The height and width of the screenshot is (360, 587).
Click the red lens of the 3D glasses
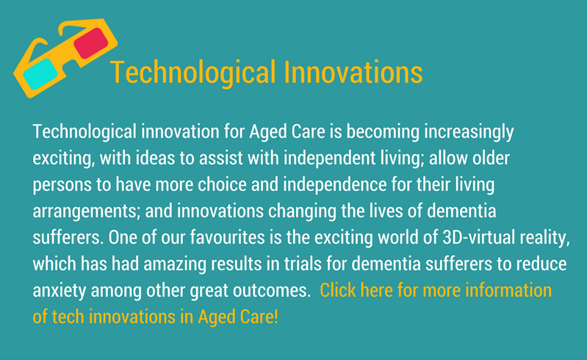(x=91, y=43)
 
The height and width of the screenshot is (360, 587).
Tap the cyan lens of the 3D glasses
(x=40, y=74)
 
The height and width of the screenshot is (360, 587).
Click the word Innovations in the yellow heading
(x=353, y=72)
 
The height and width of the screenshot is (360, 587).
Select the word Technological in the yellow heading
(x=193, y=73)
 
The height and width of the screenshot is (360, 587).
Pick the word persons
(x=62, y=186)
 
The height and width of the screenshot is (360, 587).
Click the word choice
(x=222, y=184)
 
